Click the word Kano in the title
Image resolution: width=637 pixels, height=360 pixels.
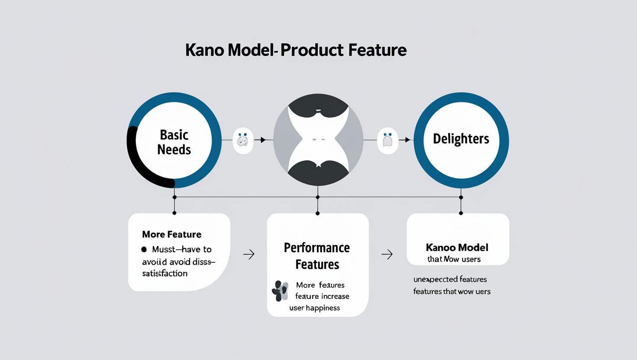[x=204, y=50]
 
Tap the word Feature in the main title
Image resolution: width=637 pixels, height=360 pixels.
[x=377, y=50]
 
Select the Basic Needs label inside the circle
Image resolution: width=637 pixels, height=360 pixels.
[x=174, y=142]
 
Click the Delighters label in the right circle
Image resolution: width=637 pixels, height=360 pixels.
[x=461, y=139]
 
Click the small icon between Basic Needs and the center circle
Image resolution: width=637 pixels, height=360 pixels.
[x=243, y=140]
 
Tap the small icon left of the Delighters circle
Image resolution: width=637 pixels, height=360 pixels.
[x=387, y=140]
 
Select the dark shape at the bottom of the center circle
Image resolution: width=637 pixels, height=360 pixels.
[x=318, y=173]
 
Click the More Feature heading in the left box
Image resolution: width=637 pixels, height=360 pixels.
[x=171, y=235]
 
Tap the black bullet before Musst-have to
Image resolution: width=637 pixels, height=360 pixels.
[x=144, y=250]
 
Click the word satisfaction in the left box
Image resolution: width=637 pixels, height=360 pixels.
[x=164, y=273]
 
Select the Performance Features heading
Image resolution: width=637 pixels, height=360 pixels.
[x=317, y=256]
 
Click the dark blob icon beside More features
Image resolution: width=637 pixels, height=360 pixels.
[x=280, y=291]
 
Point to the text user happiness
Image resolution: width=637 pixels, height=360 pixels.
[x=315, y=308]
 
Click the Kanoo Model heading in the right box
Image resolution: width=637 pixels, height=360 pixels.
[x=457, y=247]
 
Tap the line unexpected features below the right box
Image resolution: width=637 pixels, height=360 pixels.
[x=450, y=280]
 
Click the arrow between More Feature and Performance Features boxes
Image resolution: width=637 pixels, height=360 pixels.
[x=249, y=254]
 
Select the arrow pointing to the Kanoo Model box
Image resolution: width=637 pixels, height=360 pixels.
[x=387, y=254]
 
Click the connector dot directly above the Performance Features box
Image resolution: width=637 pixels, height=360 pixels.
[x=318, y=213]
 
